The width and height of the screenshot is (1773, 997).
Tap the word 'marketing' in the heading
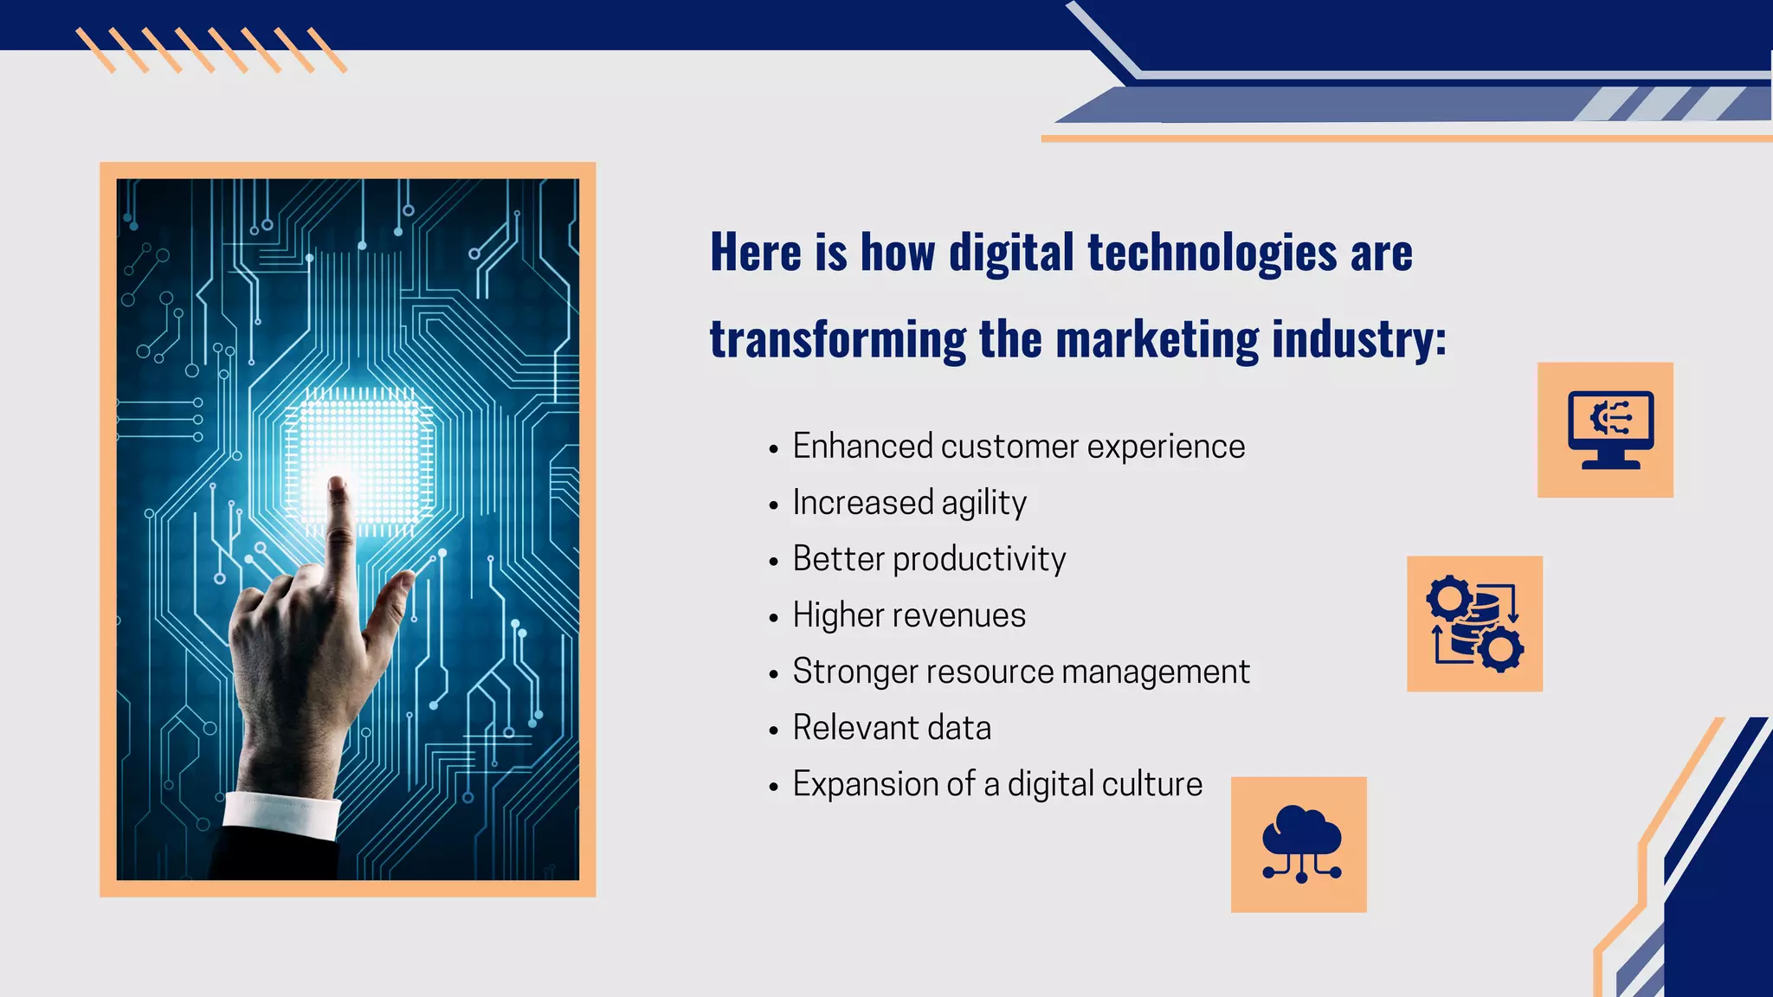click(1157, 339)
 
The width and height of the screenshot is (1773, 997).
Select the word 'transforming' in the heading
click(837, 339)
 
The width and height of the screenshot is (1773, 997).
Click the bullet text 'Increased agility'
click(909, 503)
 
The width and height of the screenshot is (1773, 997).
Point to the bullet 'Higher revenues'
click(909, 615)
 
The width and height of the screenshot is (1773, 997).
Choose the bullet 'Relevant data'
click(892, 728)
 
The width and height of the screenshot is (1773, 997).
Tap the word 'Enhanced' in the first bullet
click(862, 447)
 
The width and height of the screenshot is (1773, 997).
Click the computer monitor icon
click(1609, 429)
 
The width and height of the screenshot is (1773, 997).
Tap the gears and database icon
click(1474, 623)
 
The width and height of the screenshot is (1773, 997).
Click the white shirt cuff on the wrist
click(281, 814)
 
